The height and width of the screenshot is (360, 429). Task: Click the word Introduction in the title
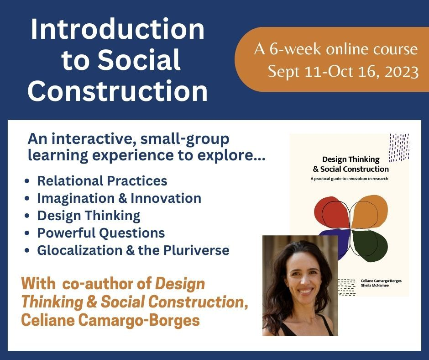coord(118,29)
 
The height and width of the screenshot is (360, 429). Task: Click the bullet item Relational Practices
coord(102,181)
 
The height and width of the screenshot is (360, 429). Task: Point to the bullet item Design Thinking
coord(89,216)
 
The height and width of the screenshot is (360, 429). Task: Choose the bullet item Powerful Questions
coord(101,233)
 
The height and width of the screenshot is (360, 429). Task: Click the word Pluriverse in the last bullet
coord(196,250)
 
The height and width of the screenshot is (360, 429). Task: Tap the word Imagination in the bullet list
coord(76,199)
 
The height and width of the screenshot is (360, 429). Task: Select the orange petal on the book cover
coord(369,211)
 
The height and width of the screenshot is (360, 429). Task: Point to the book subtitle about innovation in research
coord(349,179)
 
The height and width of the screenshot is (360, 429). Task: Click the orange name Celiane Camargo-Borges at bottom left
coord(110,320)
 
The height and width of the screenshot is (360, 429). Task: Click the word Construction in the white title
coord(118,91)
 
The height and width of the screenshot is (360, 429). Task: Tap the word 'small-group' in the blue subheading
coord(185,139)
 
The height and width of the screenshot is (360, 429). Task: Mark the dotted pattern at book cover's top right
coord(398,147)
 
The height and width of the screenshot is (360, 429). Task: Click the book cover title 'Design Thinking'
coord(351,159)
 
